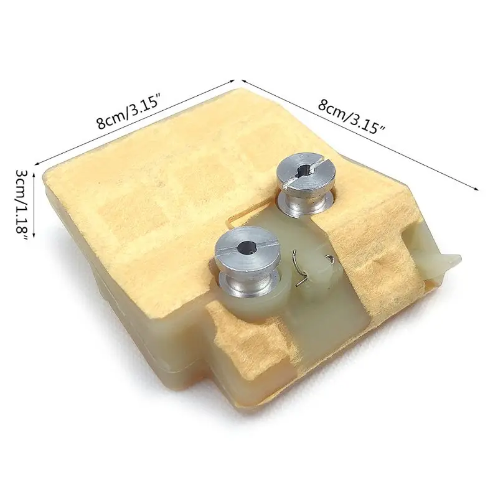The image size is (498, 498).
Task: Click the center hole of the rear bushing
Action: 306,167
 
